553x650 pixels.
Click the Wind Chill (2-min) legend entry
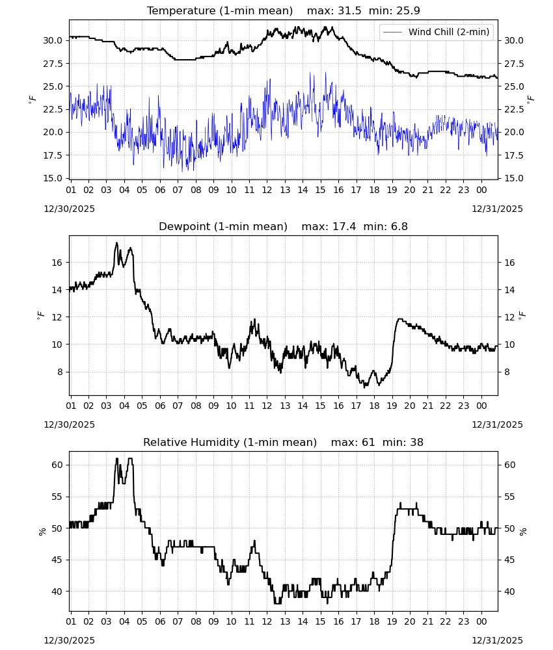tap(437, 32)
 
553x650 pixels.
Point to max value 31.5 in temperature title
tap(350, 10)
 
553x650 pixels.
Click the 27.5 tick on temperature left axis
tap(53, 64)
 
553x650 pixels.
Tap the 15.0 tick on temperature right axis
tap(514, 178)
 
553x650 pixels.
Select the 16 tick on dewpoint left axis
tap(57, 263)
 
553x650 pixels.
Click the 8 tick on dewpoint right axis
tap(507, 372)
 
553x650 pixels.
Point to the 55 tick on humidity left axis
tap(57, 497)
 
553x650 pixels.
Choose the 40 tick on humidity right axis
tap(510, 591)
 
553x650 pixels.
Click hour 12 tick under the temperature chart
tap(267, 190)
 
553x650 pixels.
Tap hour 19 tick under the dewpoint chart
tap(392, 406)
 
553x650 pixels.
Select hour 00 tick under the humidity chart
tap(481, 621)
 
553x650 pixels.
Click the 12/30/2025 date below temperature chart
tap(69, 209)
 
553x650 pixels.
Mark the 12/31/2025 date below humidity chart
tap(498, 640)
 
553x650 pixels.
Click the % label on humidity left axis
tap(42, 532)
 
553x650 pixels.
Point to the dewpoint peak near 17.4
tap(116, 243)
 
